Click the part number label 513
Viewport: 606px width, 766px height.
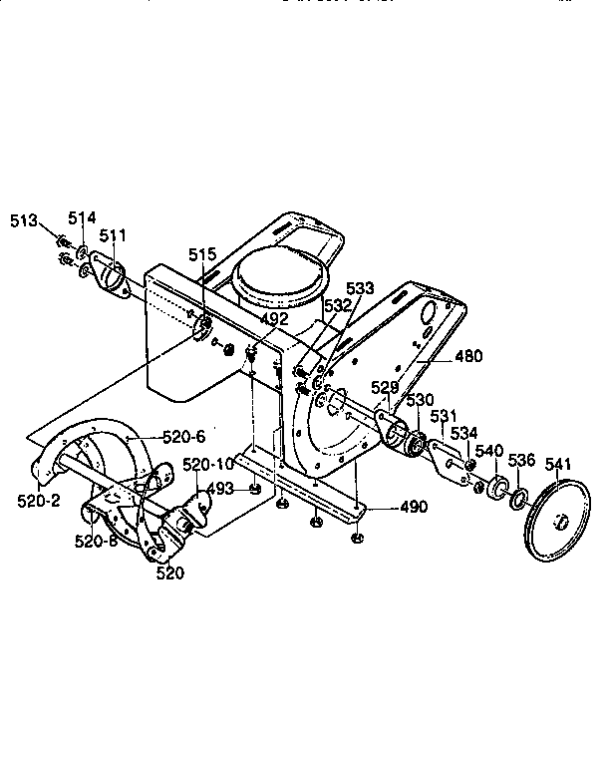(24, 220)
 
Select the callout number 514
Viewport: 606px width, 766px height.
(83, 217)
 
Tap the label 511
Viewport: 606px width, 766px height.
(113, 235)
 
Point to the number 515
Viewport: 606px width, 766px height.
(203, 256)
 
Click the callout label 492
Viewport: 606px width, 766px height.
(274, 319)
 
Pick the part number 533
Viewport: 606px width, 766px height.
(360, 288)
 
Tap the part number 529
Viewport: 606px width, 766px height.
(386, 386)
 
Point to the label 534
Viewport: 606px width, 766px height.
(463, 433)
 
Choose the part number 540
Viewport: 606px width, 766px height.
(488, 452)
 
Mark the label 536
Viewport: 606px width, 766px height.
(523, 460)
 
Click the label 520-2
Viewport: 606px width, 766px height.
(39, 499)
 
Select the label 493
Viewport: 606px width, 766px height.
(221, 488)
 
